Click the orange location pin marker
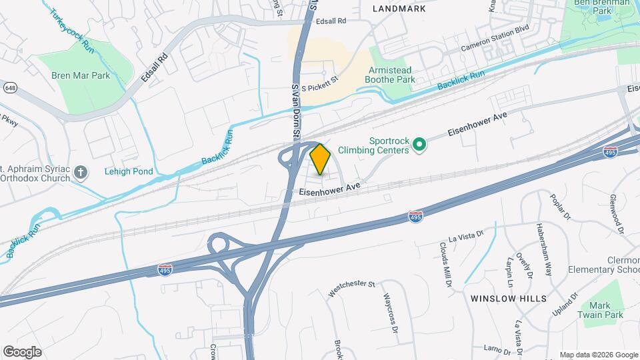click(321, 159)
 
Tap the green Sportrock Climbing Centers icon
click(419, 144)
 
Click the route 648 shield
click(10, 88)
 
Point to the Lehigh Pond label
click(129, 171)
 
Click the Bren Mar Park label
click(81, 75)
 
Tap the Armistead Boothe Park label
click(389, 75)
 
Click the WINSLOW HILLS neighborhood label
click(509, 298)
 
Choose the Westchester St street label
click(352, 287)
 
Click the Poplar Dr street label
click(559, 207)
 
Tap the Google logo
click(22, 351)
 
